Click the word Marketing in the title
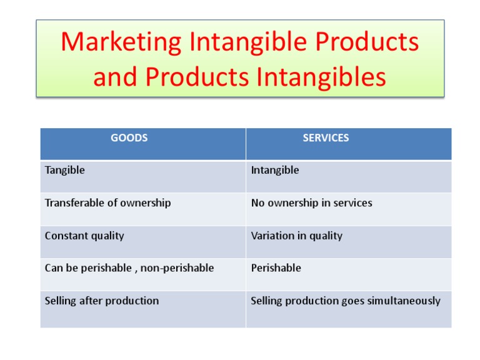click(x=121, y=42)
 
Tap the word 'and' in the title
click(x=115, y=77)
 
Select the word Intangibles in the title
click(x=321, y=77)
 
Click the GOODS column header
click(x=129, y=137)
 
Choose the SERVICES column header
click(x=326, y=137)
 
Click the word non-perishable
click(x=177, y=268)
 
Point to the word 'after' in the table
click(x=91, y=301)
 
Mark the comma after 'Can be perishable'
click(x=136, y=271)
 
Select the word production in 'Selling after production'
click(x=132, y=301)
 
